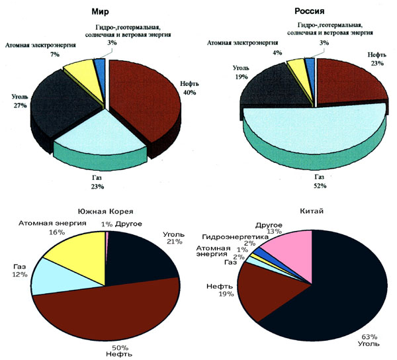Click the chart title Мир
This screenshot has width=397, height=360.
pos(101,11)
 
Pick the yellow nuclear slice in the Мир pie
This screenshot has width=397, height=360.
pos(79,67)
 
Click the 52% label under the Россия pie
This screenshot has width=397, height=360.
pos(320,187)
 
